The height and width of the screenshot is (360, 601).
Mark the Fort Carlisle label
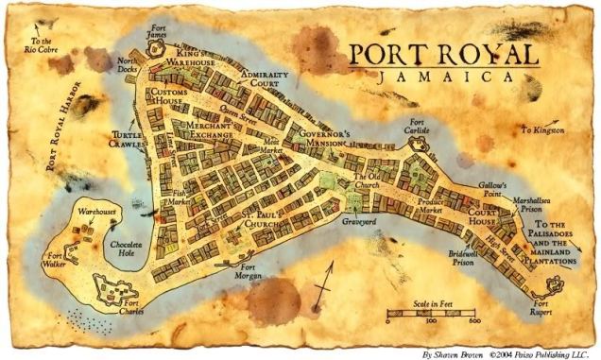(x=417, y=128)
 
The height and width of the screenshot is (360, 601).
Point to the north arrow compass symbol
(x=326, y=283)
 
